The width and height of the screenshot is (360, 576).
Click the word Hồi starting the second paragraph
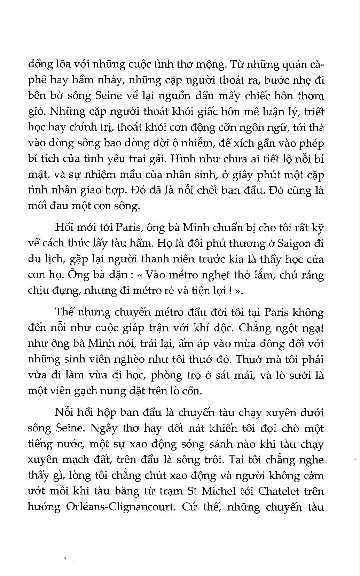[64, 228]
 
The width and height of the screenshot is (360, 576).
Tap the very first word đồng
[39, 64]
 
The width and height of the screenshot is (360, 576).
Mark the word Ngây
[103, 428]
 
